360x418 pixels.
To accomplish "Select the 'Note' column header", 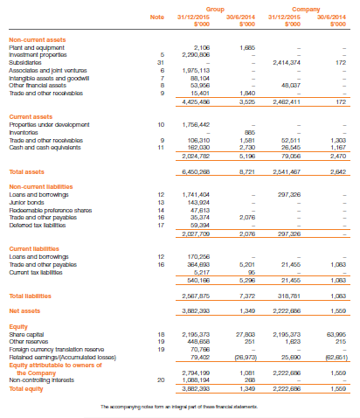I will [156, 17].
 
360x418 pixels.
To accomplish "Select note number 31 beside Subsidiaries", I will [160, 62].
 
